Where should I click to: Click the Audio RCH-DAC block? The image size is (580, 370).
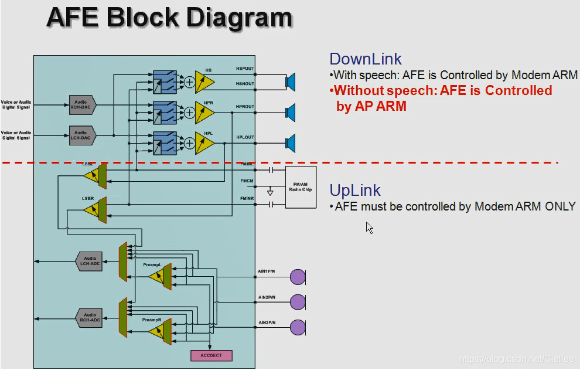tap(82, 104)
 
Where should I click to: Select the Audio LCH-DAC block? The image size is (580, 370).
tap(82, 135)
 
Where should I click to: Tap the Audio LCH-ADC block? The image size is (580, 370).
tap(89, 261)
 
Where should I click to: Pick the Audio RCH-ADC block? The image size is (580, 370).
tap(89, 317)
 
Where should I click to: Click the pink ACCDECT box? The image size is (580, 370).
tap(211, 355)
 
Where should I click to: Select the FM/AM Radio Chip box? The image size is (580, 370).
tap(301, 187)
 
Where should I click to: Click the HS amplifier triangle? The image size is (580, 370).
tap(204, 82)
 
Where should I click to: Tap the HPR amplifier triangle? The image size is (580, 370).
tap(204, 111)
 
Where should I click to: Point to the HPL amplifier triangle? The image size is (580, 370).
tap(204, 143)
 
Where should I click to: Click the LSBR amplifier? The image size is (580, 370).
tap(94, 208)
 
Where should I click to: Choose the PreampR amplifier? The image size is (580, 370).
tap(158, 331)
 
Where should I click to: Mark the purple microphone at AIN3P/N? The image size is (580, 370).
tap(298, 327)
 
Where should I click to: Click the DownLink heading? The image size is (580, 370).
tap(366, 59)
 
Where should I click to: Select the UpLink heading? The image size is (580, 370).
tap(355, 190)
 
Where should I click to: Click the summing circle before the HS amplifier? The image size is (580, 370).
tap(189, 82)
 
